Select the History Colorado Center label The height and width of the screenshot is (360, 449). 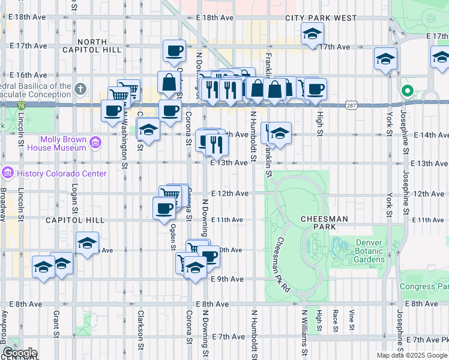click(62, 174)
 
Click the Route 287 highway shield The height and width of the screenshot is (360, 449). click(351, 106)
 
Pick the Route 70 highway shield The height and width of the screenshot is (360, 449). click(21, 106)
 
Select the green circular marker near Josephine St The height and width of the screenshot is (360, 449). click(408, 92)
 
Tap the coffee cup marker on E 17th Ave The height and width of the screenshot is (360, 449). click(174, 52)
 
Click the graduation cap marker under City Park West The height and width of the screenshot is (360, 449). click(312, 35)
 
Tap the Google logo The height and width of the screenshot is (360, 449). click(20, 353)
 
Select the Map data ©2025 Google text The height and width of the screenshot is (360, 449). click(412, 355)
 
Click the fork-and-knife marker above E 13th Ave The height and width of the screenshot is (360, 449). click(216, 144)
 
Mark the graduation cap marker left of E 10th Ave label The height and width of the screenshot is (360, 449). click(87, 244)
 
